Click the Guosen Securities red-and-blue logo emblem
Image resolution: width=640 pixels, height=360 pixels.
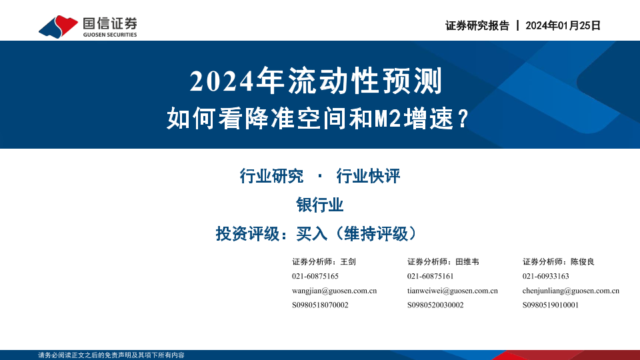(x=58, y=27)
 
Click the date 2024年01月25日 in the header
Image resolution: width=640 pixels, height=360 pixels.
(x=563, y=26)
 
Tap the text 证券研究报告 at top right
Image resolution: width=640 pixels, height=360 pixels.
(x=477, y=26)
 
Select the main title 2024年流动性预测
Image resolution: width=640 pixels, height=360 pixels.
(x=316, y=81)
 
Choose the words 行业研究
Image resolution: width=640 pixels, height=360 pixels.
(x=271, y=176)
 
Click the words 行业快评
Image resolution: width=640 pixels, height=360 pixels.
(x=368, y=176)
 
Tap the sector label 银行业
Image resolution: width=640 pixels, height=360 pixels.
(x=320, y=205)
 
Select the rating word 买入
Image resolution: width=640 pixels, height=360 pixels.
(x=312, y=234)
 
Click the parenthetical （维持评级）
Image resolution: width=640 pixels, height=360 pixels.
(x=376, y=234)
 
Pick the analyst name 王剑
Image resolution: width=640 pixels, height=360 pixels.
(x=348, y=261)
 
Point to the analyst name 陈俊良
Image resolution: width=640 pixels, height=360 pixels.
(x=583, y=261)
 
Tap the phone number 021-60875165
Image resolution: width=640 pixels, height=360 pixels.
(x=315, y=276)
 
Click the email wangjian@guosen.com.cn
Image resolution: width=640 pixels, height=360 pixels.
(x=334, y=291)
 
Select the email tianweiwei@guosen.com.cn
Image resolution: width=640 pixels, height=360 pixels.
(x=452, y=291)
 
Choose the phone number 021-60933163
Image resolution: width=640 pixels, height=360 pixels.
(x=546, y=276)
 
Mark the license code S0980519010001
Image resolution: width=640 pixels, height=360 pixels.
(x=551, y=305)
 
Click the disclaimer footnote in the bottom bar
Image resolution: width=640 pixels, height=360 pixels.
(x=111, y=355)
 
